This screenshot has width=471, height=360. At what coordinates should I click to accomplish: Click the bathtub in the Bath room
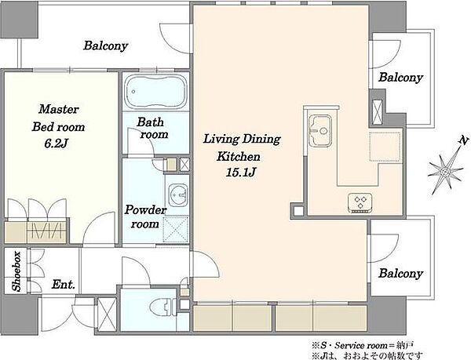[x=155, y=91]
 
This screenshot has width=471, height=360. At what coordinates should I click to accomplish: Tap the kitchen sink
[x=320, y=130]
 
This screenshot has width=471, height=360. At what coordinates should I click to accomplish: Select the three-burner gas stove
[x=360, y=203]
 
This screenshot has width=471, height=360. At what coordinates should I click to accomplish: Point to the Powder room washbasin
[x=178, y=195]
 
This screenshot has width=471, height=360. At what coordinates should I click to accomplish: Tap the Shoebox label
[x=16, y=271]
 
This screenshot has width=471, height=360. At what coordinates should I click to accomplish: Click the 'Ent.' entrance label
[x=63, y=284]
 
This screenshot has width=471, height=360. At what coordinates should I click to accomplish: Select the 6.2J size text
[x=57, y=144]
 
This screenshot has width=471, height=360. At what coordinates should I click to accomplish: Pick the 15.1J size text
[x=241, y=172]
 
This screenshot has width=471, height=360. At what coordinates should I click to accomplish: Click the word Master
[x=59, y=109]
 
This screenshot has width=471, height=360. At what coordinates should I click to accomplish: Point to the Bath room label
[x=152, y=129]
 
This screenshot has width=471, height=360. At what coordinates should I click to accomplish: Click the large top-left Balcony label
[x=106, y=45]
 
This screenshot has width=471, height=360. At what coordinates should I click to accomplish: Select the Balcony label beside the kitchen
[x=400, y=78]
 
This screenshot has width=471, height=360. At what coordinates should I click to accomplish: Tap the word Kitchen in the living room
[x=239, y=156]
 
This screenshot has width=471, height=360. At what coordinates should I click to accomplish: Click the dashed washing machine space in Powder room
[x=175, y=230]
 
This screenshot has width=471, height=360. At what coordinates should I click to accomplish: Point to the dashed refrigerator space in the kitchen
[x=385, y=147]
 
